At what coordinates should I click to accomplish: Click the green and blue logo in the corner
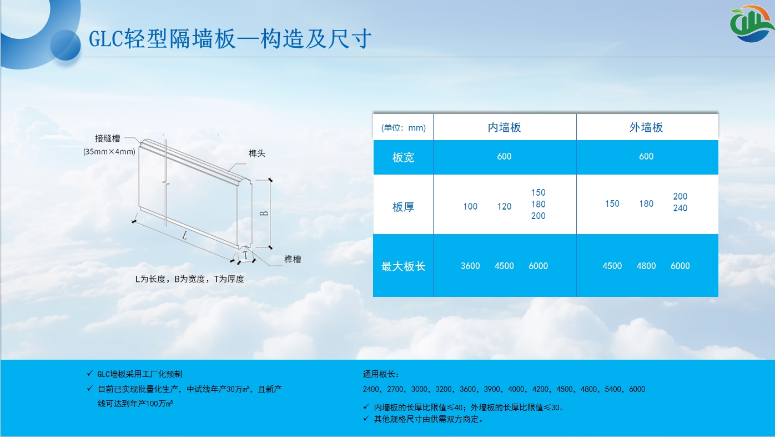coord(751,23)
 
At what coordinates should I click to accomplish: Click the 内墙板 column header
coord(504,127)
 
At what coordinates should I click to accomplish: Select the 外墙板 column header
coord(646,127)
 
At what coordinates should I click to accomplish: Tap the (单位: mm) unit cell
coord(404,128)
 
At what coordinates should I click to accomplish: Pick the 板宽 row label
coord(403,157)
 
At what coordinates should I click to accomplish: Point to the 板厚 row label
coord(403,207)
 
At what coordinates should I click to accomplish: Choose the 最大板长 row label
coord(403,266)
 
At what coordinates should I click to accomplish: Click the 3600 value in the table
coord(470,266)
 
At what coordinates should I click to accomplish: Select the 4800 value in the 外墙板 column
coord(646,266)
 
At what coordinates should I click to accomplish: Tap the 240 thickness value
coord(680,208)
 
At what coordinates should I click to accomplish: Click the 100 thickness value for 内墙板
coord(470,206)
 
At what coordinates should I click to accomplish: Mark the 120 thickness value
coord(504,206)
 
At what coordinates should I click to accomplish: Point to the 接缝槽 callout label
coord(108,138)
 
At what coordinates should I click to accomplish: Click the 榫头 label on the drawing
coord(256,153)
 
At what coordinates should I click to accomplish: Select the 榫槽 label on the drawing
coord(293,259)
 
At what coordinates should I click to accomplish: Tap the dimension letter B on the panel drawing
coord(264,213)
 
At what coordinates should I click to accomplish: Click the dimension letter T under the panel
coord(245,255)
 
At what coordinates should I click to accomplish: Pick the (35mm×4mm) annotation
coord(109,151)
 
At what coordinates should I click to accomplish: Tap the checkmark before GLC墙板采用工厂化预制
coord(89,373)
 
